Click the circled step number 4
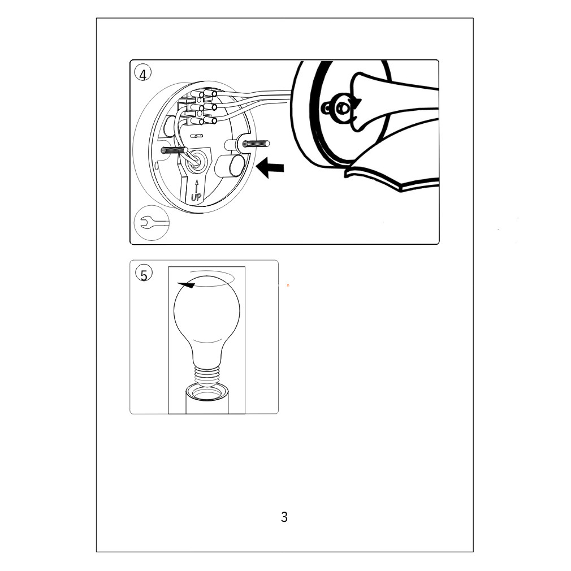(x=142, y=73)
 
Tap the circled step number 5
(x=144, y=274)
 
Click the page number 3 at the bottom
(x=284, y=517)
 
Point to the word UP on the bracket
(x=196, y=197)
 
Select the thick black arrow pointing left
(x=270, y=167)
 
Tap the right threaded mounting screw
(x=256, y=144)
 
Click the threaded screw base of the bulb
(x=207, y=375)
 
